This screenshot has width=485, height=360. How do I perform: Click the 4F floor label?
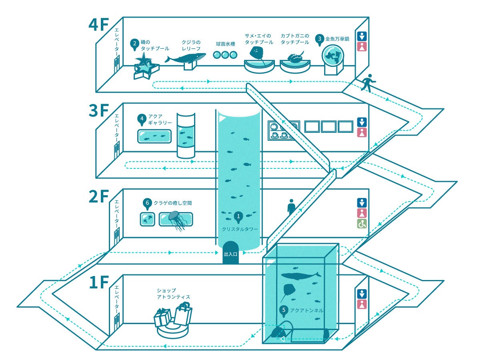tap(98, 25)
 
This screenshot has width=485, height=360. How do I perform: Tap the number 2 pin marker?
tap(134, 44)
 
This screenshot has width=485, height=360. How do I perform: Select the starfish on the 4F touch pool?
tap(143, 59)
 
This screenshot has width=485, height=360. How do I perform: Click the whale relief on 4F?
tap(185, 58)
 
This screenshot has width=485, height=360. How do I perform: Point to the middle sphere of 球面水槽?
tap(225, 55)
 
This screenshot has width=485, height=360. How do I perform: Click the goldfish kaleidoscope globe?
tap(333, 56)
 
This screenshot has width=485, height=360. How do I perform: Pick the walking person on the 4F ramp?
tap(369, 83)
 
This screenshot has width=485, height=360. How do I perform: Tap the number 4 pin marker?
tap(142, 120)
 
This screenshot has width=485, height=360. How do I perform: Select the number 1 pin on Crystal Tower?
tap(238, 217)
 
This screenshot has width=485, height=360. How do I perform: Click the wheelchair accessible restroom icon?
tap(362, 224)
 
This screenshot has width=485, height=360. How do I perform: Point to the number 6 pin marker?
tap(147, 204)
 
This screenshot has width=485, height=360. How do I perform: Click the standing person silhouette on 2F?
tap(291, 206)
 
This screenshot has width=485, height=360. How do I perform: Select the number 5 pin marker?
tap(284, 311)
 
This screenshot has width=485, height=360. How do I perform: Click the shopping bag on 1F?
tap(184, 314)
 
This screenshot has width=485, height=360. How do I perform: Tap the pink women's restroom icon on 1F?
tap(362, 304)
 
